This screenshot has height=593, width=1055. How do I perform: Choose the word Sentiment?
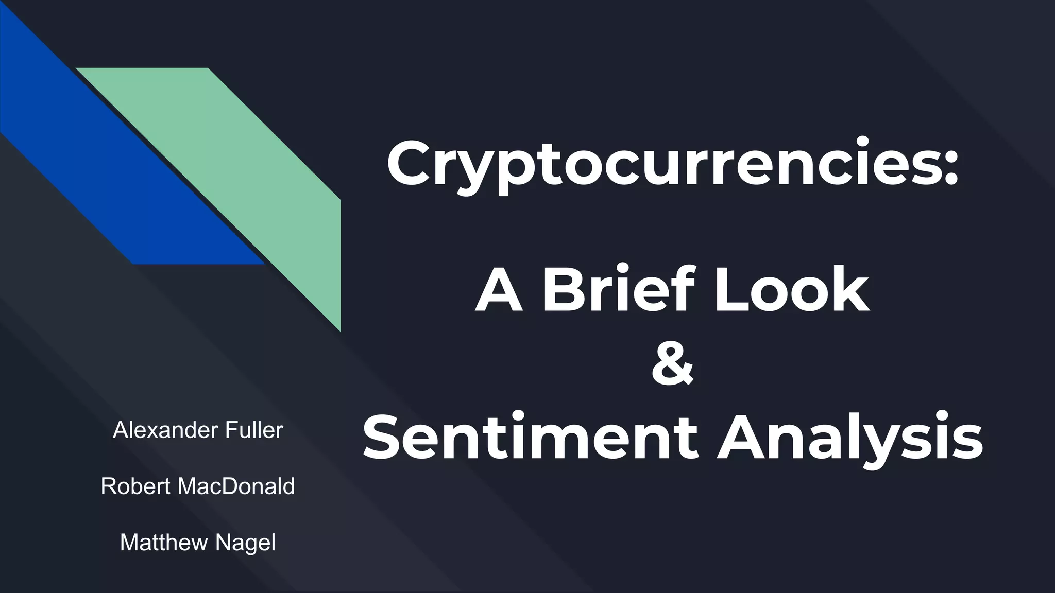(531, 437)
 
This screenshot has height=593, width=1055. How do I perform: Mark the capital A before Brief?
(499, 289)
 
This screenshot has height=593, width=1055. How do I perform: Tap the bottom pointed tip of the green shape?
(339, 329)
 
